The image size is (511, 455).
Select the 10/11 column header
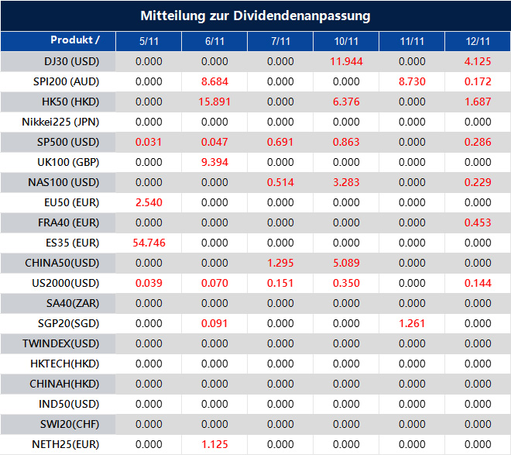(x=346, y=41)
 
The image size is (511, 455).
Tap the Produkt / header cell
(x=75, y=40)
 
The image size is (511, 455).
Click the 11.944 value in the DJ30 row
(x=346, y=61)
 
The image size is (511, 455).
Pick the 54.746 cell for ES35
(x=149, y=243)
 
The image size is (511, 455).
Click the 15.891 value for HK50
(x=214, y=102)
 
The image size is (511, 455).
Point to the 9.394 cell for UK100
(x=214, y=162)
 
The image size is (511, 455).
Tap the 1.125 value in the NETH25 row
(x=214, y=444)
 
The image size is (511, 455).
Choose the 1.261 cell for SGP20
(x=412, y=323)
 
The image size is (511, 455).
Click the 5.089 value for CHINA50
(x=346, y=263)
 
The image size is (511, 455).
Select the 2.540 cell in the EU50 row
(x=149, y=202)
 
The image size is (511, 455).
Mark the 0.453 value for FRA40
(x=478, y=222)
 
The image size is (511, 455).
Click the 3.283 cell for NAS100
(x=346, y=182)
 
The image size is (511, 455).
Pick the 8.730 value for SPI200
(x=412, y=81)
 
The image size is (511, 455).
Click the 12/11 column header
(x=478, y=41)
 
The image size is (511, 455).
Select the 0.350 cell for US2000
(x=346, y=283)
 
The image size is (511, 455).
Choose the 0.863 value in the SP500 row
(x=346, y=142)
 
